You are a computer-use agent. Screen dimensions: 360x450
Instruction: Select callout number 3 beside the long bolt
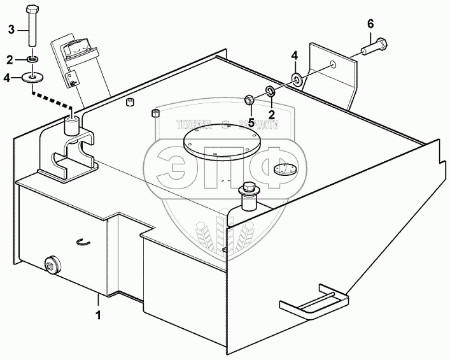11,29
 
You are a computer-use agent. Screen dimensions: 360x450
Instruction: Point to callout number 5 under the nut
251,122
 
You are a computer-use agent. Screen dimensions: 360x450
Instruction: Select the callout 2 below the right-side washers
271,114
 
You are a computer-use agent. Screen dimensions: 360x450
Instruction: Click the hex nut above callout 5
250,99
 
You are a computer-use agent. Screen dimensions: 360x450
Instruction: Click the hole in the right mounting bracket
333,64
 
